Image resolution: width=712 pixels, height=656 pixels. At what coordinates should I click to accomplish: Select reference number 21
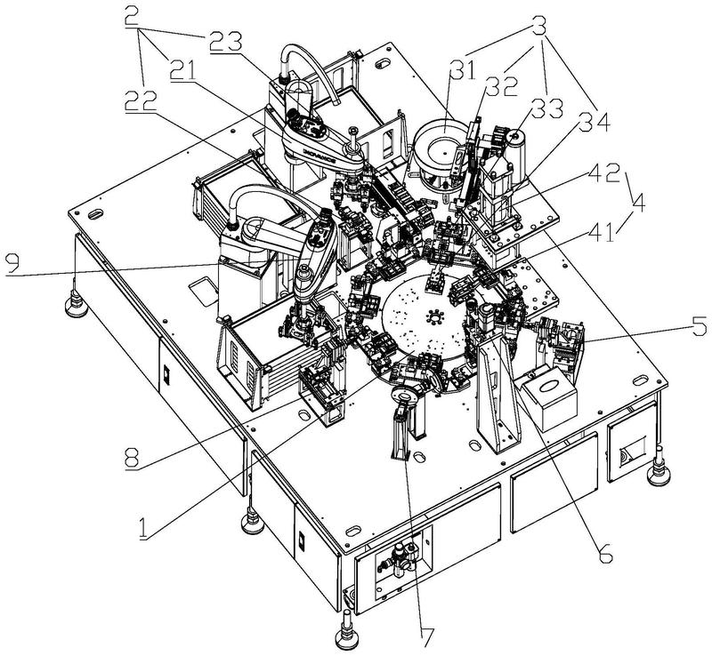click(183, 71)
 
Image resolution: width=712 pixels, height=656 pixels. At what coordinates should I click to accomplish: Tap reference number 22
click(142, 100)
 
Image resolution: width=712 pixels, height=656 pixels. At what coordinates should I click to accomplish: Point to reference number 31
click(462, 72)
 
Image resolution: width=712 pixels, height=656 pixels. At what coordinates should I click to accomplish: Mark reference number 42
click(604, 172)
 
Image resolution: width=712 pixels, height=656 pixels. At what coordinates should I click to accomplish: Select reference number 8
click(132, 457)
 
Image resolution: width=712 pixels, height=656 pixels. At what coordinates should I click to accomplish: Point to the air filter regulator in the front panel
click(402, 557)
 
